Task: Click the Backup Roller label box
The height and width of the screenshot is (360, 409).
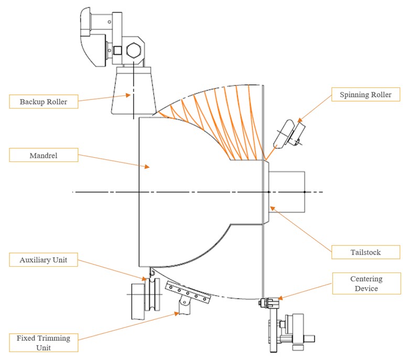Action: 44,101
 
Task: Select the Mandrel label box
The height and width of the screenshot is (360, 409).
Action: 44,155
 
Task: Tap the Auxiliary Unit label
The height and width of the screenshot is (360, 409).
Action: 44,259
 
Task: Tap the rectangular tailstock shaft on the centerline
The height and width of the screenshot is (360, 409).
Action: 286,192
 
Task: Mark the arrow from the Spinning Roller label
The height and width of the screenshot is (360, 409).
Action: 315,112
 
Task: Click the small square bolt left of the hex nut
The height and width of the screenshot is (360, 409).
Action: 118,51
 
